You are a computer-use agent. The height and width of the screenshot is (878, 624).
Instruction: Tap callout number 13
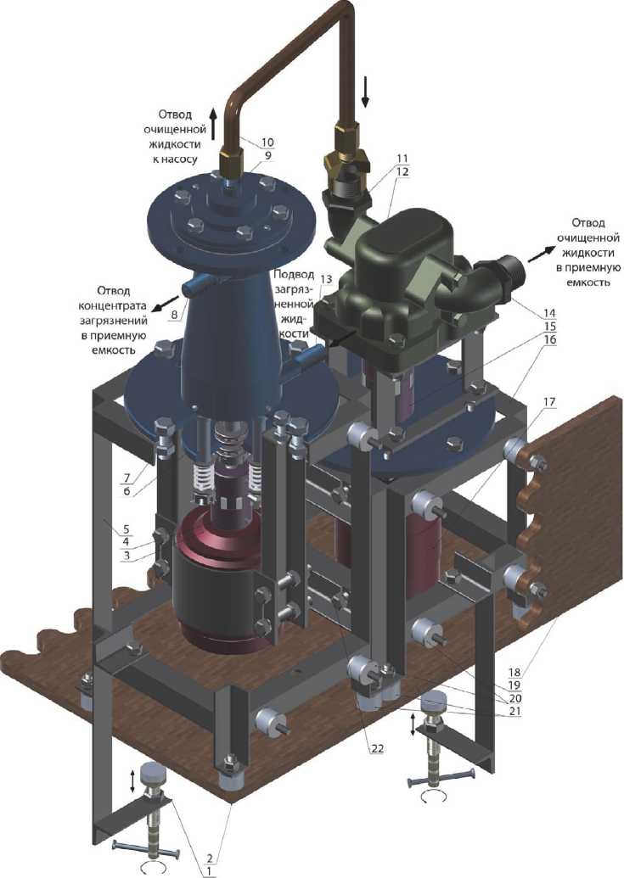[326, 278]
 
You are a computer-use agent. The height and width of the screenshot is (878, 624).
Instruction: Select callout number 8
[174, 315]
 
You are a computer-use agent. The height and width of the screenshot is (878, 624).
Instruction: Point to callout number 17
[548, 401]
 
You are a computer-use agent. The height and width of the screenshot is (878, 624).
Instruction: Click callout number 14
[549, 312]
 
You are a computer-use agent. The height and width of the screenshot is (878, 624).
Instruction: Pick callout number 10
[267, 143]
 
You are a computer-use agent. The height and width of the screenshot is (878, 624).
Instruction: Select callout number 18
[514, 672]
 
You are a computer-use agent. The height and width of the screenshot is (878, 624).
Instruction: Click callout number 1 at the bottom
[208, 871]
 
